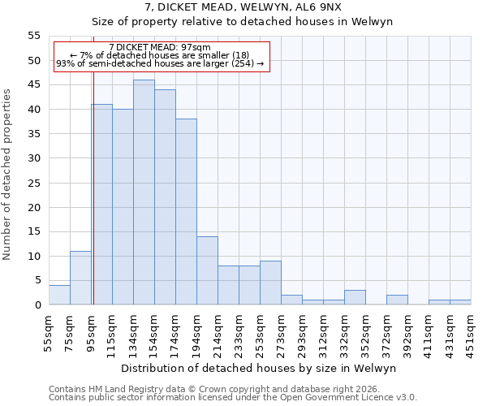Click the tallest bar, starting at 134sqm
click(144, 192)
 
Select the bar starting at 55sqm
click(59, 295)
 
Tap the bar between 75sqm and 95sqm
click(80, 278)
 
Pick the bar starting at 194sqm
click(207, 270)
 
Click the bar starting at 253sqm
click(270, 283)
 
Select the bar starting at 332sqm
click(355, 297)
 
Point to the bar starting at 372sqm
click(397, 300)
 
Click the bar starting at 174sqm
click(186, 212)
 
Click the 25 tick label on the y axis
click(34, 183)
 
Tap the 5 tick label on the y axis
click(37, 280)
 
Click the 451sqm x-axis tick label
click(471, 333)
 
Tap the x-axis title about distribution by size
click(258, 368)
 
